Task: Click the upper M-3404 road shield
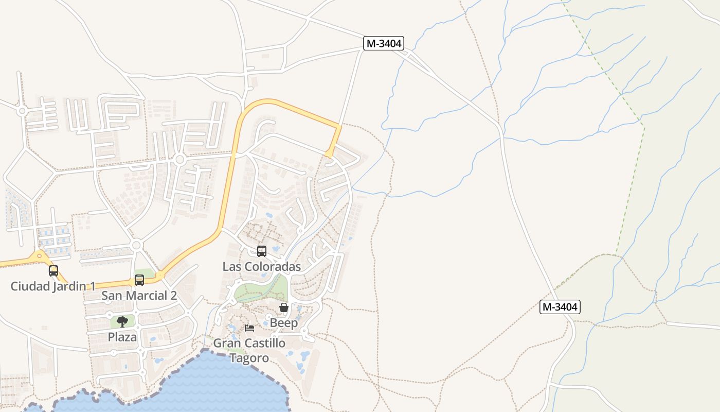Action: (x=383, y=43)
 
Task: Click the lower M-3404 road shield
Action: (x=560, y=307)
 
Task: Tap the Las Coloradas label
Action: (x=261, y=266)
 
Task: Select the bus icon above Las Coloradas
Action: (x=261, y=251)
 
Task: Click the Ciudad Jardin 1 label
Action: (x=53, y=286)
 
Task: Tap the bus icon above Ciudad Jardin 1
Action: (x=53, y=270)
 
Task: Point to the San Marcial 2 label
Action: (x=139, y=296)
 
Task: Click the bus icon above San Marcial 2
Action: (x=139, y=280)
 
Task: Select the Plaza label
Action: (x=122, y=337)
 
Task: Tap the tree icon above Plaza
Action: (x=122, y=322)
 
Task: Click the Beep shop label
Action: (x=284, y=323)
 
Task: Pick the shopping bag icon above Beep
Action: (x=283, y=307)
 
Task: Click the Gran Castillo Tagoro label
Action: (x=249, y=350)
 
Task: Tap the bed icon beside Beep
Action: (x=249, y=328)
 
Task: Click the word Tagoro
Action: (x=249, y=358)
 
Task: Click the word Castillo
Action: (x=262, y=343)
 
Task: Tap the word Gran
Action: (x=225, y=343)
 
